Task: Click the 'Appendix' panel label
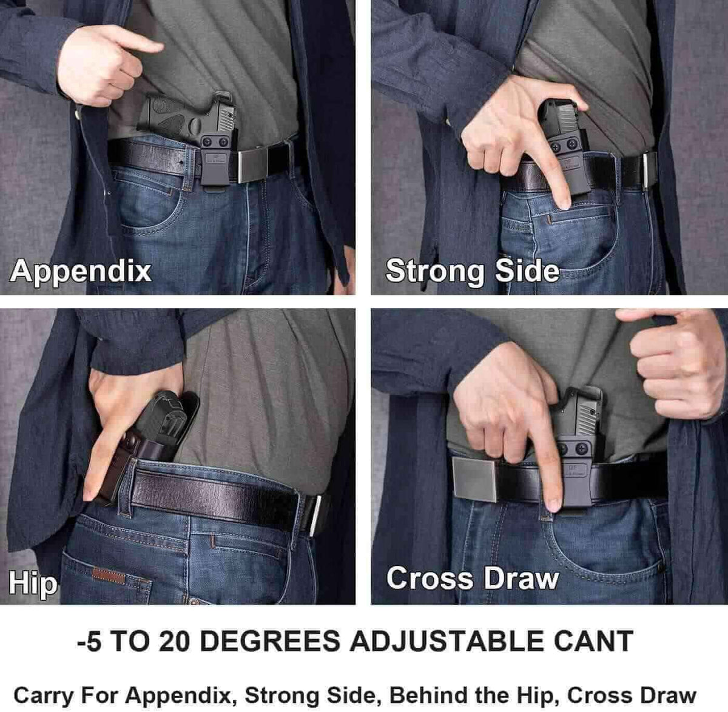coord(81,270)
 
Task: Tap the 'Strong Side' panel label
coord(472,270)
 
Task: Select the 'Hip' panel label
coord(33,583)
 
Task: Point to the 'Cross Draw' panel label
coord(472,578)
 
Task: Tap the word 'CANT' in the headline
coord(595,641)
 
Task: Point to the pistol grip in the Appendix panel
coord(160,115)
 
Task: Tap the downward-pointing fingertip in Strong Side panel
coord(564,203)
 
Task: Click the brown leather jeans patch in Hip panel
coord(109,576)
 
